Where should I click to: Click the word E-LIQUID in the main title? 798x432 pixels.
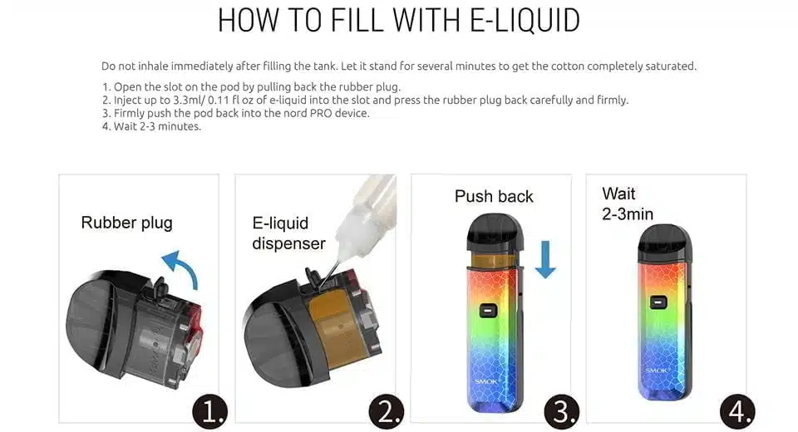coord(525,20)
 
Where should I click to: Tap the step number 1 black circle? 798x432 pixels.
coord(209,411)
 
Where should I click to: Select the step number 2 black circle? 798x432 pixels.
coord(387,410)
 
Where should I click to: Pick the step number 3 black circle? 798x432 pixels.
coord(561,410)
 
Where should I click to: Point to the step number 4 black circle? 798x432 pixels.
coord(737,410)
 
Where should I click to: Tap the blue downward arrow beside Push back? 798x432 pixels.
coord(545,259)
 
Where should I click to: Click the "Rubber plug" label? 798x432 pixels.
coord(126,223)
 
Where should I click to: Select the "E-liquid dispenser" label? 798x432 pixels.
coord(288,233)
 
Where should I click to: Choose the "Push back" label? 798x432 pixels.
coord(494,196)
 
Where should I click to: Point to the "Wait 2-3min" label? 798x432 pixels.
coord(628,204)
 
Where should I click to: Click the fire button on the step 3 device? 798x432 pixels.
coord(488,311)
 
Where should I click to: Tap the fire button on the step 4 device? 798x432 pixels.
coord(658,302)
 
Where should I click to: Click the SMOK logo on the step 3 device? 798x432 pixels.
coord(486,381)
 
